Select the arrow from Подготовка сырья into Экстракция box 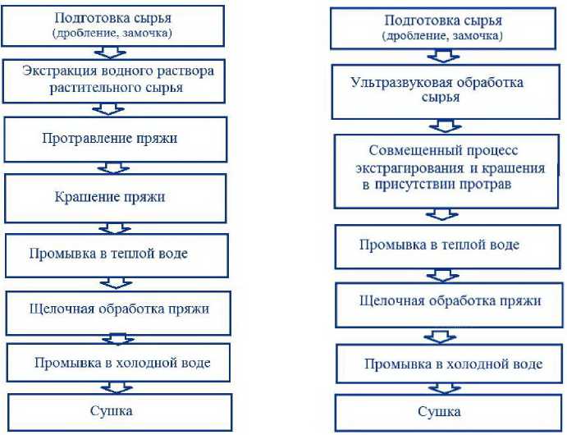[110, 52]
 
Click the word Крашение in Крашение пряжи [84, 197]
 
